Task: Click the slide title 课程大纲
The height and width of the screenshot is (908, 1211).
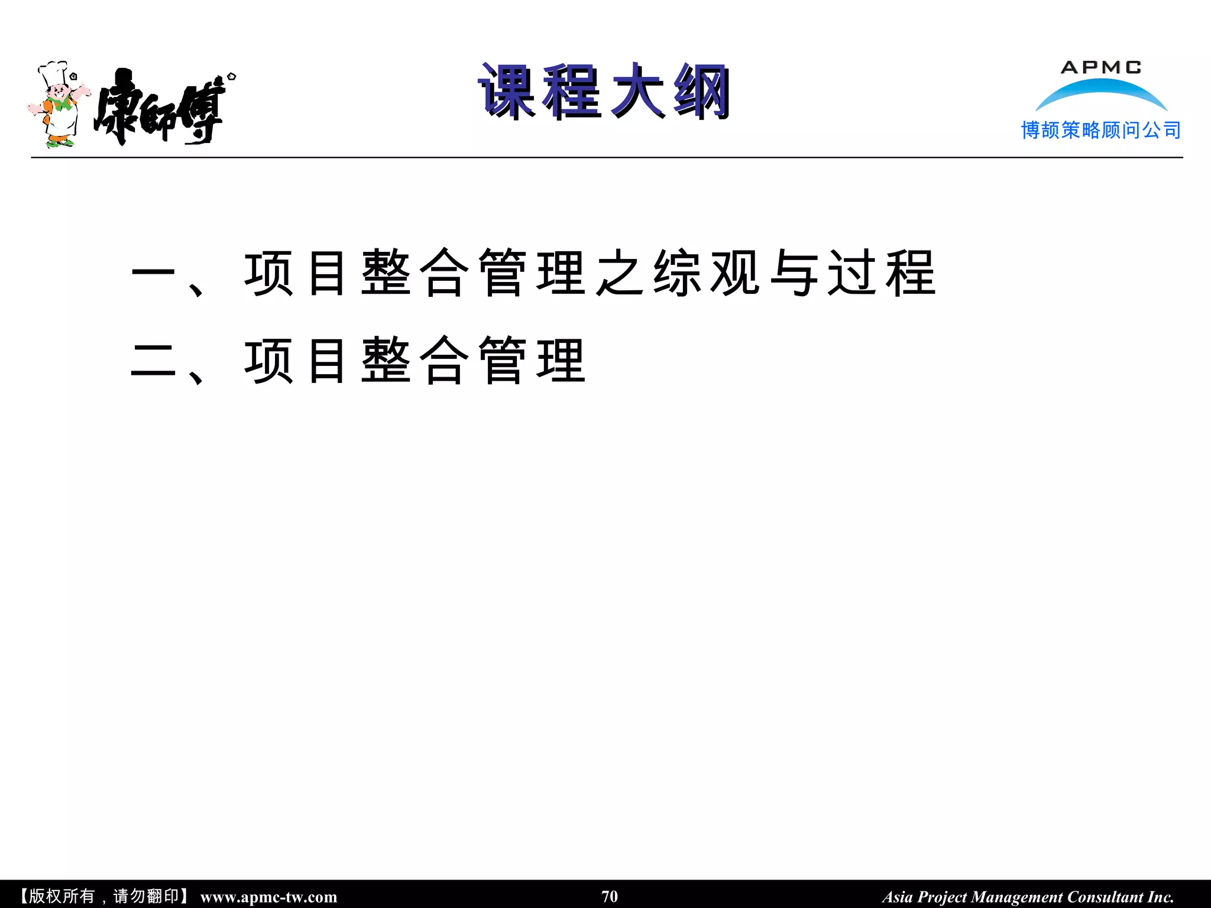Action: tap(604, 92)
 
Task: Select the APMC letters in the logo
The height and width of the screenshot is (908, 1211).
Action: tap(1100, 67)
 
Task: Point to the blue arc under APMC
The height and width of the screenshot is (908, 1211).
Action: tap(1101, 92)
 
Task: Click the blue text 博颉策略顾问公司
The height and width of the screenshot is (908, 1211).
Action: tap(1100, 130)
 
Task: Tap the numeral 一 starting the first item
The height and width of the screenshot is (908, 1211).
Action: tap(153, 273)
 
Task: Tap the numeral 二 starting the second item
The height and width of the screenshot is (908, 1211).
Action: tap(153, 361)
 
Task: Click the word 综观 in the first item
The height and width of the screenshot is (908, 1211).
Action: tap(706, 273)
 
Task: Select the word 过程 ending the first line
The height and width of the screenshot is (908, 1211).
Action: tap(881, 273)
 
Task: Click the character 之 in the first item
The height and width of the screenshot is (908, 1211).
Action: tap(619, 273)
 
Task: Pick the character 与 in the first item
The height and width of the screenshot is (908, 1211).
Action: tap(794, 273)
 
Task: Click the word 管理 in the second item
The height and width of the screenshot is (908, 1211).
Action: tap(532, 361)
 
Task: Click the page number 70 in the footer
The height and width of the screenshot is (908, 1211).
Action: tap(609, 896)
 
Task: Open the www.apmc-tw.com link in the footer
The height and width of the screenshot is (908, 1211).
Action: tap(268, 897)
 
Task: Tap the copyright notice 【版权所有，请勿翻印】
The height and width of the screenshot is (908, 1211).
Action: tap(103, 896)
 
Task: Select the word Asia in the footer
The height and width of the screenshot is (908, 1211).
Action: tap(897, 897)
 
